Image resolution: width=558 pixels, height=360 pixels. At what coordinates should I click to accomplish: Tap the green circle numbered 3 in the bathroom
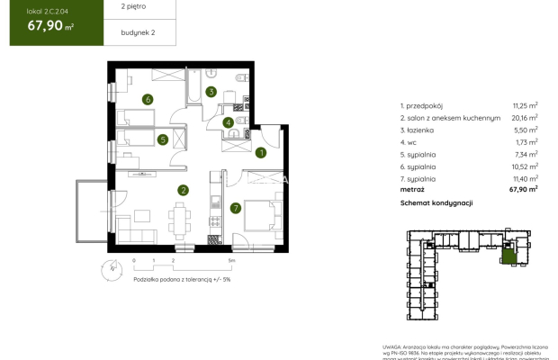[x=211, y=92]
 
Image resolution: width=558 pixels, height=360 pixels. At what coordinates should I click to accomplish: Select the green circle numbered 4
[x=229, y=122]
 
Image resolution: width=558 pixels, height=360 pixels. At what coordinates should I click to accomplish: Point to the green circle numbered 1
[x=260, y=153]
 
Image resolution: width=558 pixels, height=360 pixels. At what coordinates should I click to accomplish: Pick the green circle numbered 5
[x=162, y=139]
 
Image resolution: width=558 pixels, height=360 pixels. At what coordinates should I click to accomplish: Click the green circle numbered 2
[x=183, y=190]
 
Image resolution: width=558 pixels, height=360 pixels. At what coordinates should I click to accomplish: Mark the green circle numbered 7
[x=236, y=209]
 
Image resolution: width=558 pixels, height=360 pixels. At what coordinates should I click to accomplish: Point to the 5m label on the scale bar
[x=231, y=260]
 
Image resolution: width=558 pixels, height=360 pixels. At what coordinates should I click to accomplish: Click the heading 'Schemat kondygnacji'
[x=436, y=203]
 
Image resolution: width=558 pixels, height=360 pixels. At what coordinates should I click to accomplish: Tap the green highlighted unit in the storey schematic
[x=510, y=258]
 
